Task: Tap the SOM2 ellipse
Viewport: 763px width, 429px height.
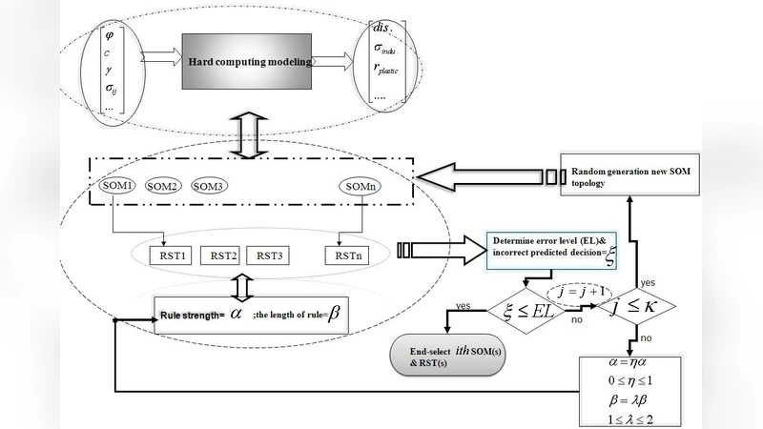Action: point(162,186)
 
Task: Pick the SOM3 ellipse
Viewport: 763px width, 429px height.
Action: point(209,186)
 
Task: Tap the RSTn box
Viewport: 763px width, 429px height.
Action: point(345,255)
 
